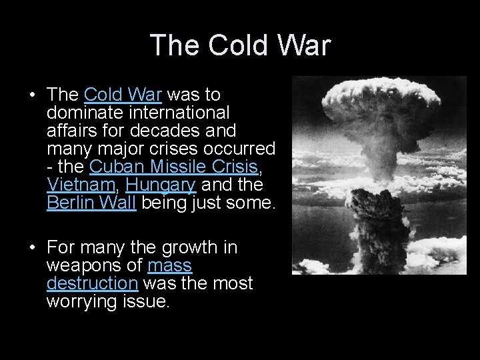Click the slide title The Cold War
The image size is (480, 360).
(240, 45)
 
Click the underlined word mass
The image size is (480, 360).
(169, 265)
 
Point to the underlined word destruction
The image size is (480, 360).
(93, 283)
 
